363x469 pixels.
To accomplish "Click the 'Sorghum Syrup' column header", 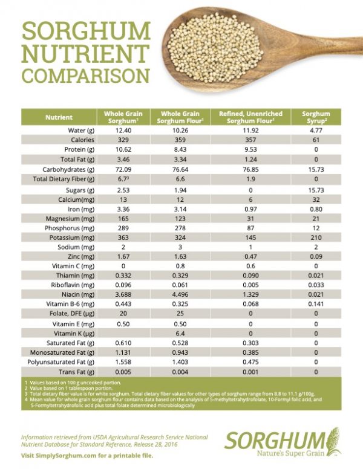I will [x=316, y=117].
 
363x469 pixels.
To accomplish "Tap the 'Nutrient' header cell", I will [x=59, y=117].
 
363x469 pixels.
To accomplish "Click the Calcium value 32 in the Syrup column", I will [x=316, y=198].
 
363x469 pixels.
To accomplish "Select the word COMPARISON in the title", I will [x=85, y=76].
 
